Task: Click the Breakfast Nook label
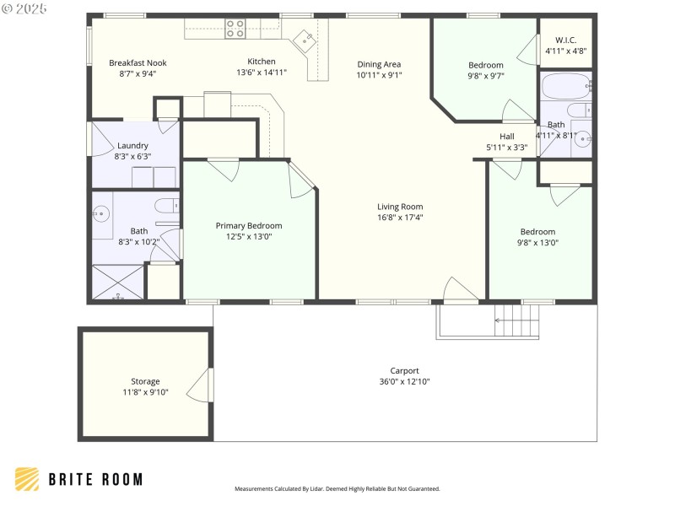pyautogui.click(x=138, y=62)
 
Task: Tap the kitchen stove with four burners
pyautogui.click(x=235, y=29)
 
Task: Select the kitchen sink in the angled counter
pyautogui.click(x=305, y=38)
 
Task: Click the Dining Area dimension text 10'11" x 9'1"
pyautogui.click(x=379, y=75)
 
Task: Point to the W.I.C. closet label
pyautogui.click(x=565, y=40)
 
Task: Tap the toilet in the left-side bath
pyautogui.click(x=166, y=203)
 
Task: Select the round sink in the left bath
pyautogui.click(x=101, y=214)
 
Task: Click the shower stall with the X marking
pyautogui.click(x=117, y=283)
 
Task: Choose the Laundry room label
pyautogui.click(x=132, y=145)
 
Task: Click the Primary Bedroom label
pyautogui.click(x=249, y=225)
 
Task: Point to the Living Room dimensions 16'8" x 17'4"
pyautogui.click(x=400, y=218)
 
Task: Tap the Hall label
pyautogui.click(x=506, y=137)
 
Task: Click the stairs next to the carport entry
pyautogui.click(x=516, y=320)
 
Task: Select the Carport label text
pyautogui.click(x=404, y=370)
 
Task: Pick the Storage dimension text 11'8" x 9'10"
pyautogui.click(x=145, y=392)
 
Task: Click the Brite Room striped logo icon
pyautogui.click(x=27, y=479)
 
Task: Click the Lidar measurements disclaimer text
pyautogui.click(x=337, y=489)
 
